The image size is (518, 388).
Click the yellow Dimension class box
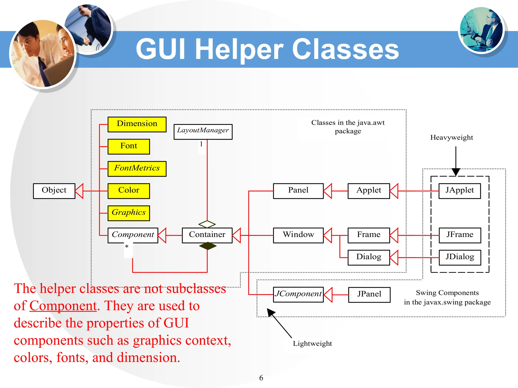tap(137, 124)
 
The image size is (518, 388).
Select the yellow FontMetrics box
tap(137, 169)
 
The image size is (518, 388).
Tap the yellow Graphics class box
tap(128, 213)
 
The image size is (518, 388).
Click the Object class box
tap(54, 191)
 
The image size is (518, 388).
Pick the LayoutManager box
tap(203, 132)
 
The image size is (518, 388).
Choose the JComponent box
tap(298, 295)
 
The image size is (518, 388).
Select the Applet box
tap(369, 191)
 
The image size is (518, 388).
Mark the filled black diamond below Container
tap(208, 246)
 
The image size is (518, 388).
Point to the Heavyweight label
tap(451, 138)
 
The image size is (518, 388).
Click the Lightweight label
tap(312, 344)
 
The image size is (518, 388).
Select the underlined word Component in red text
tap(63, 306)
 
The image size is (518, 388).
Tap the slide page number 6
tap(261, 378)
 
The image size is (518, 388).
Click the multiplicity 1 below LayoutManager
tap(201, 144)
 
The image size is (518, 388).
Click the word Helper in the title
tap(239, 49)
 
